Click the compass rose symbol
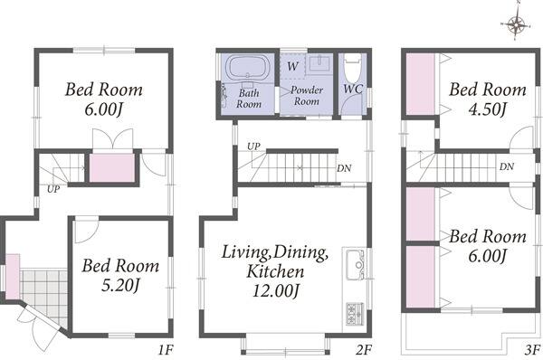point(516,24)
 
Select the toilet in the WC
point(353,68)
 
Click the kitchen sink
point(357,265)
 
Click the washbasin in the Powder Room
point(319,62)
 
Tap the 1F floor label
point(166,350)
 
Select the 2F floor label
point(365,350)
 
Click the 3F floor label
point(533,350)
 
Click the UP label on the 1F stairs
point(53,189)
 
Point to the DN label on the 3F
point(507,166)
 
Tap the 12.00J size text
point(275,290)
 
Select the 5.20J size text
point(120,286)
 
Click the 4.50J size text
point(488,109)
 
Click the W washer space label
point(292,66)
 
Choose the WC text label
point(353,89)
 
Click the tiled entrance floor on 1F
point(44,297)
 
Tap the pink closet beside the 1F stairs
point(112,167)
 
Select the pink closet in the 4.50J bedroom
point(421,84)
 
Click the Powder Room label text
point(307,96)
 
